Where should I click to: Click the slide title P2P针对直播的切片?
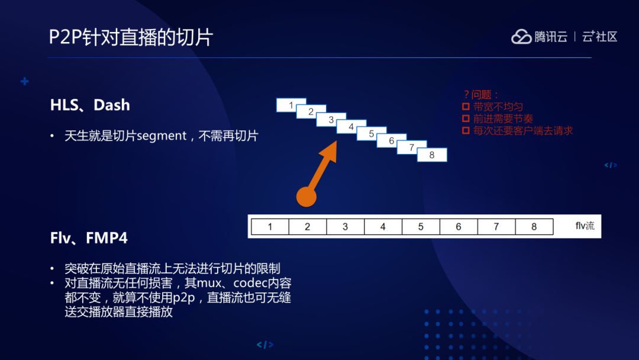pos(131,37)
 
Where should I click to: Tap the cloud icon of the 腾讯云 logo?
pos(521,37)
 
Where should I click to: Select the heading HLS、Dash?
pos(90,105)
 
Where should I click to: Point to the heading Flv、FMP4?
pos(89,238)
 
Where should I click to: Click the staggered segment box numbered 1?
pos(291,105)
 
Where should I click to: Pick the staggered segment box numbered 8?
pos(432,155)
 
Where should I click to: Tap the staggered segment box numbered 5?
pos(372,134)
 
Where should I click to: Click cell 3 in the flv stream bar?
pos(345,227)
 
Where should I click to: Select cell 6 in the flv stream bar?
pos(458,227)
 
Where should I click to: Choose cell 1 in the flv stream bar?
pos(270,227)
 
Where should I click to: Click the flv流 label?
pos(585,226)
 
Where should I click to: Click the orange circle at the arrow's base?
pos(306,197)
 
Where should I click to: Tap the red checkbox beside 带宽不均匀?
pos(466,107)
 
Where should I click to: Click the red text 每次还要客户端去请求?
pos(523,131)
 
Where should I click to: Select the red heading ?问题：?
pos(481,95)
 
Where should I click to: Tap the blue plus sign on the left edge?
pos(24,81)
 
